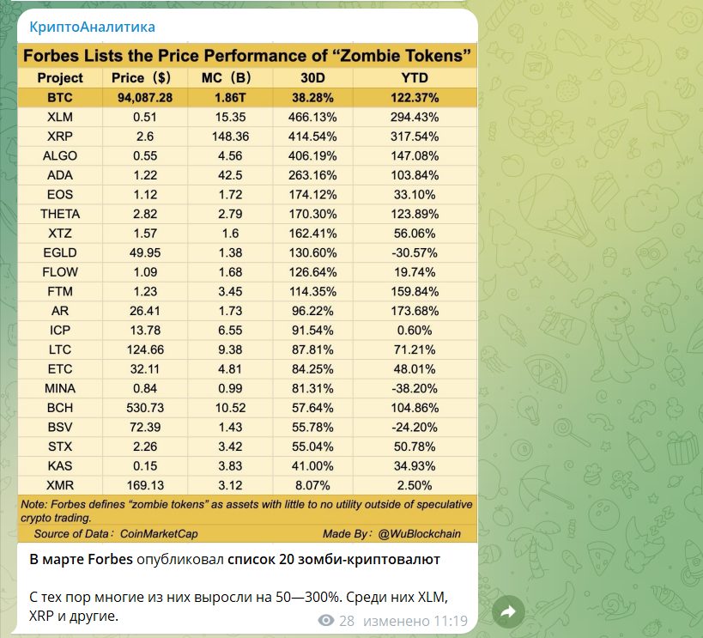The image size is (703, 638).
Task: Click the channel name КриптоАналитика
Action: tap(93, 27)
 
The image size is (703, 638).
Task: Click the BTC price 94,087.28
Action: tap(145, 98)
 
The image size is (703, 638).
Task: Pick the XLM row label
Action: tap(60, 117)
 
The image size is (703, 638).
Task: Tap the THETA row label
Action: tap(60, 214)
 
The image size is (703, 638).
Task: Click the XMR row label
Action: tap(60, 484)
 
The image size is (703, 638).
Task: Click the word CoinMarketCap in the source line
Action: tap(159, 533)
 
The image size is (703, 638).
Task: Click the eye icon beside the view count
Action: tap(325, 620)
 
